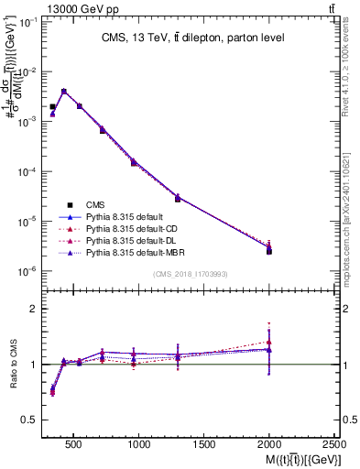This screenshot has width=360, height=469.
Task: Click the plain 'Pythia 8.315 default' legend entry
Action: (124, 216)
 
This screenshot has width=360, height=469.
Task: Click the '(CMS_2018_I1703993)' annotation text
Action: (191, 274)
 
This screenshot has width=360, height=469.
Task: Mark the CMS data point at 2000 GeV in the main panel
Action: (269, 251)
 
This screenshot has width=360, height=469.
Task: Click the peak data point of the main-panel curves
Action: (63, 92)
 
